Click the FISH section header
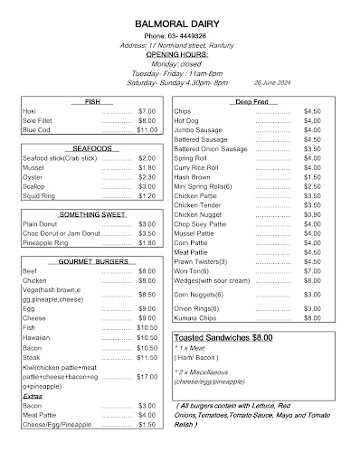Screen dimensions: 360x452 click(x=92, y=101)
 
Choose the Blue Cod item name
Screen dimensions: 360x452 click(x=37, y=129)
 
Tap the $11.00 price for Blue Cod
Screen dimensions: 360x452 click(x=147, y=129)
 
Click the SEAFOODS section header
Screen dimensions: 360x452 click(x=92, y=147)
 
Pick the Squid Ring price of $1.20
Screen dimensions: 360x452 click(x=147, y=195)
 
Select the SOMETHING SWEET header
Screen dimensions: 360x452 click(x=90, y=214)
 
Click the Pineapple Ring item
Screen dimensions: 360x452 click(x=46, y=243)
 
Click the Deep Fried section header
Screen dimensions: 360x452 click(x=252, y=101)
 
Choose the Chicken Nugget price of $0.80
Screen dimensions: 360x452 click(x=312, y=214)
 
